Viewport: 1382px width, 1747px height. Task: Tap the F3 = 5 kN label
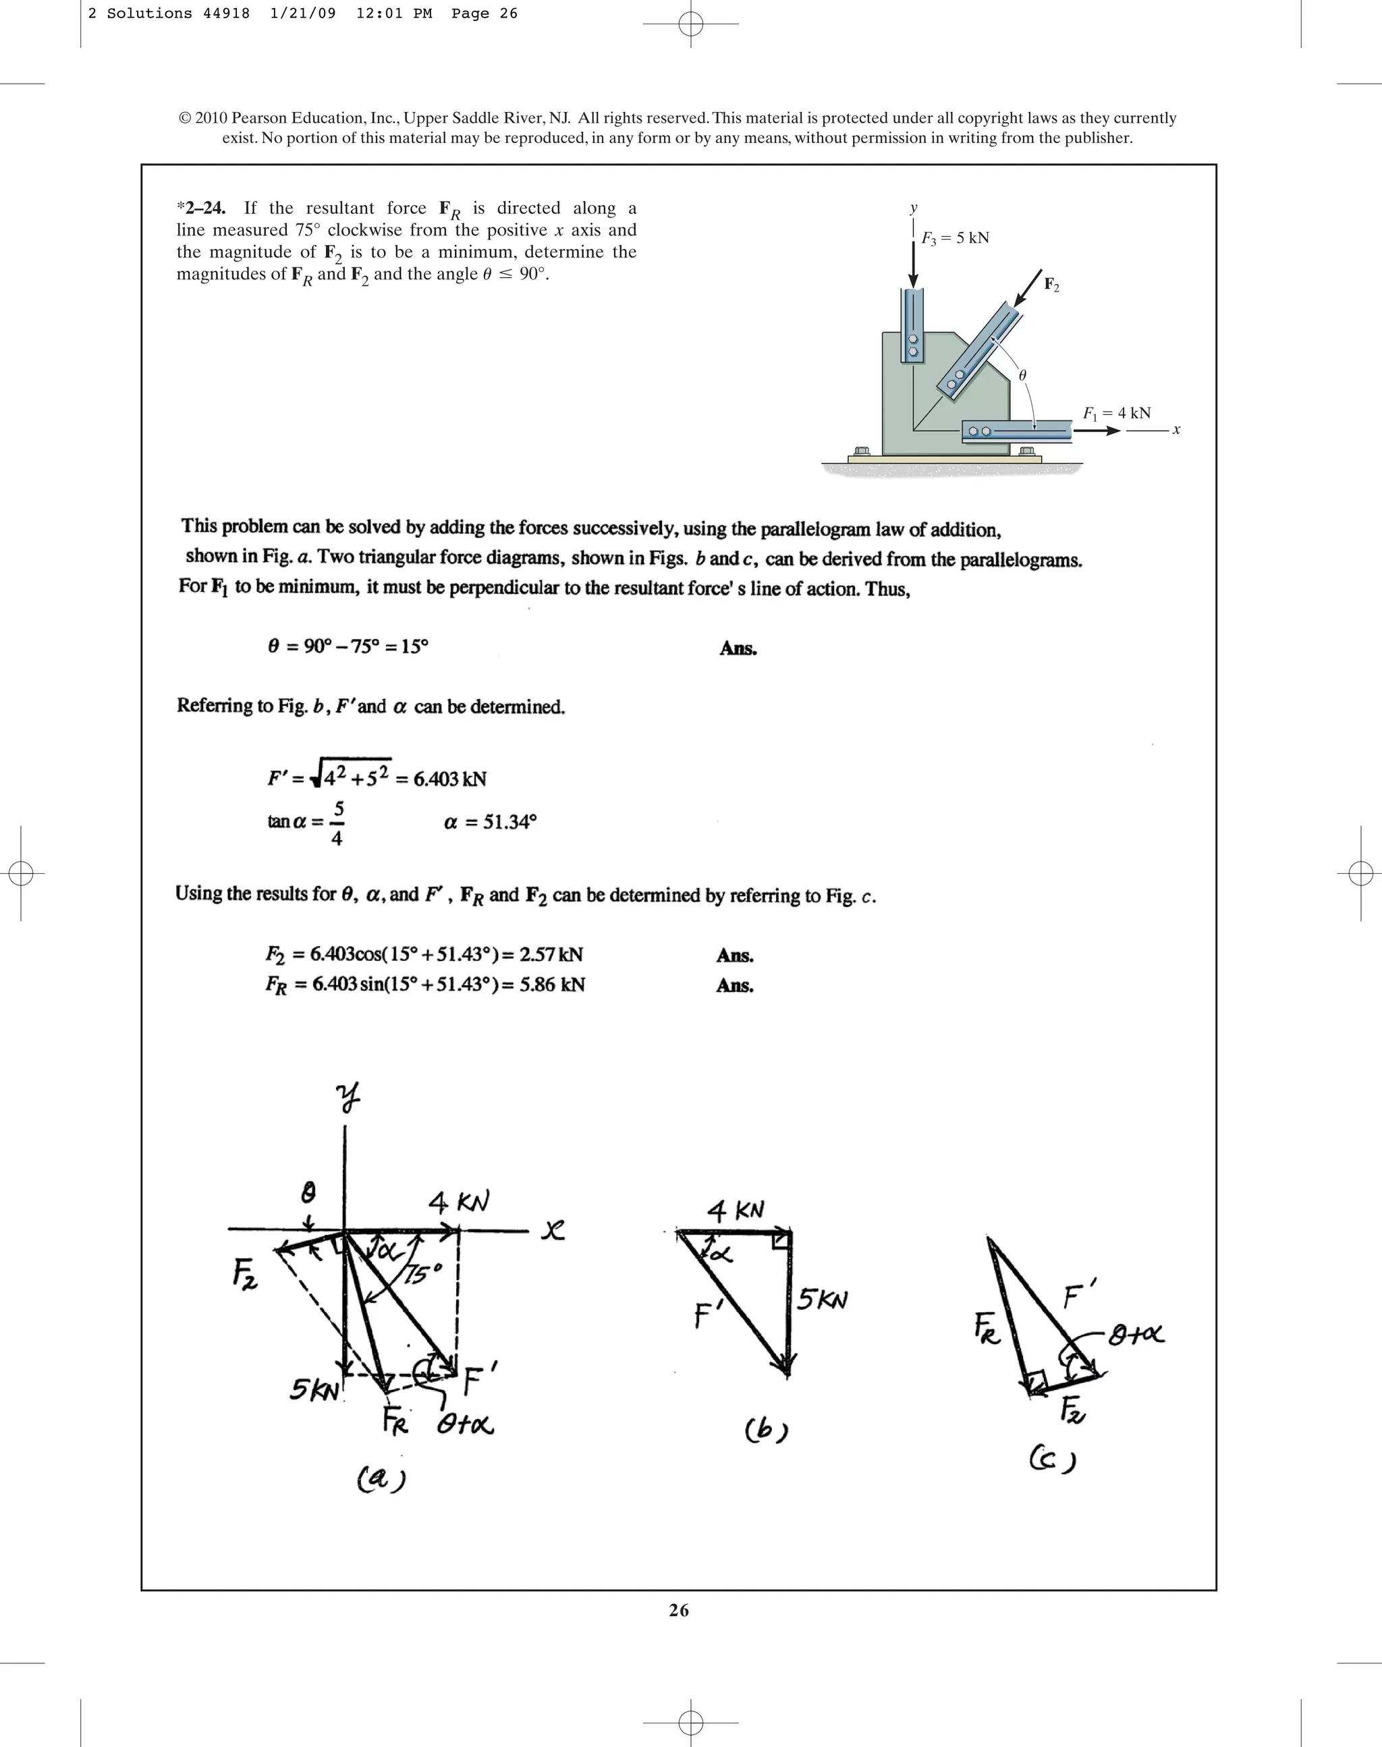[x=955, y=238]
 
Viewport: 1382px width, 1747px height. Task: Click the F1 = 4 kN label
[x=1117, y=413]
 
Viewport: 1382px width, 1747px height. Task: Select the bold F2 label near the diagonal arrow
[x=1051, y=284]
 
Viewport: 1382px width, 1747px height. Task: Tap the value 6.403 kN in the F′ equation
[x=450, y=779]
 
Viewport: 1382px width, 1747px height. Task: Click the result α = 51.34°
[x=491, y=822]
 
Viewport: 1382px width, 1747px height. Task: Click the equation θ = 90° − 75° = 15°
[x=348, y=646]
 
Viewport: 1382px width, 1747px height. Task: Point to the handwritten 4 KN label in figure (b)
[x=735, y=1211]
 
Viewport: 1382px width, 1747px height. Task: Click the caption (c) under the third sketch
[x=1052, y=1460]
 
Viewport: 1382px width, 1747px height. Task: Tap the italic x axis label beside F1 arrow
[x=1176, y=430]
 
